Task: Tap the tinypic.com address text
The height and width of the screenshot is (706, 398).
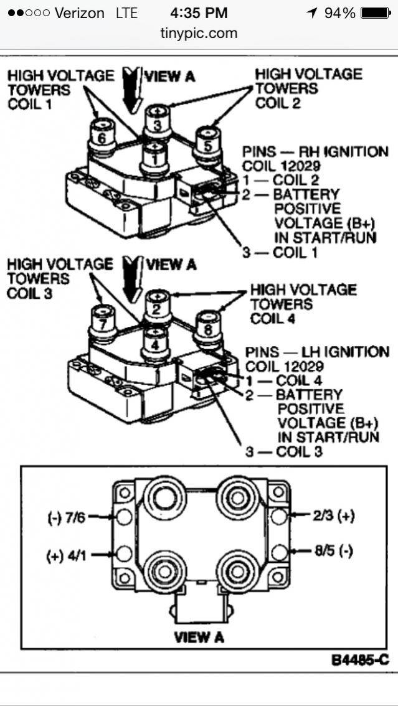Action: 199,34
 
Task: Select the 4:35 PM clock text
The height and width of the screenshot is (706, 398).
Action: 199,12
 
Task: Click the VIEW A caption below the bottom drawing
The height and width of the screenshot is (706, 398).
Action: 199,637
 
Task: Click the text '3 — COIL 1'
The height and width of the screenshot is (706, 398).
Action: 275,252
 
